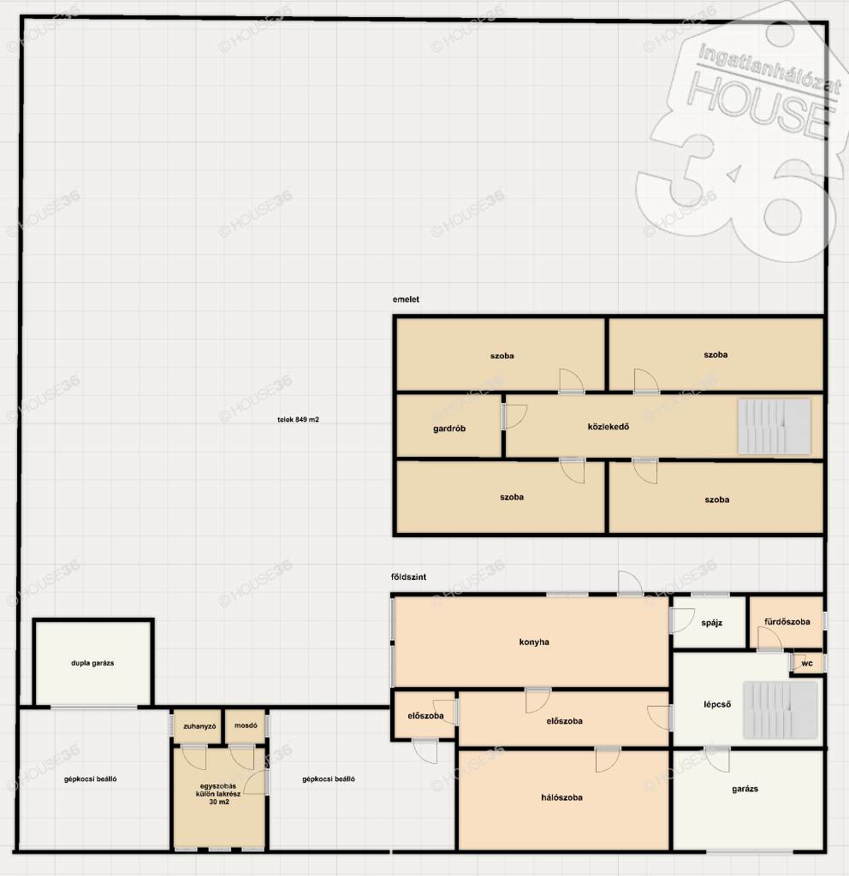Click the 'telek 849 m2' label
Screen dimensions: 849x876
click(298, 419)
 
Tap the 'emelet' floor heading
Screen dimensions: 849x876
click(406, 299)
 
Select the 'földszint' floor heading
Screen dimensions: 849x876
click(408, 577)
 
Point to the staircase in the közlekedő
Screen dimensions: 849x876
click(774, 426)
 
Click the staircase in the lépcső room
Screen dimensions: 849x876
click(781, 709)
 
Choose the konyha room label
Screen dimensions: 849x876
click(534, 642)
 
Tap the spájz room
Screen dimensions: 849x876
click(709, 623)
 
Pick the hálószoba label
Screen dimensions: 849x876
click(561, 798)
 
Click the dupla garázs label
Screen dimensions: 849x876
click(92, 663)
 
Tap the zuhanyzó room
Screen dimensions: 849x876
click(198, 726)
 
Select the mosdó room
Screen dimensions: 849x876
click(246, 726)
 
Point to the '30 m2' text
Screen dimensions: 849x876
click(219, 802)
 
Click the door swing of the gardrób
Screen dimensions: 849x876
click(515, 417)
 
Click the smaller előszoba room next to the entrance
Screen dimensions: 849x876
click(424, 715)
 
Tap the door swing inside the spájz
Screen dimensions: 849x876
click(682, 620)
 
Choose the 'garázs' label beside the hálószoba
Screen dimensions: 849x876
click(745, 789)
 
